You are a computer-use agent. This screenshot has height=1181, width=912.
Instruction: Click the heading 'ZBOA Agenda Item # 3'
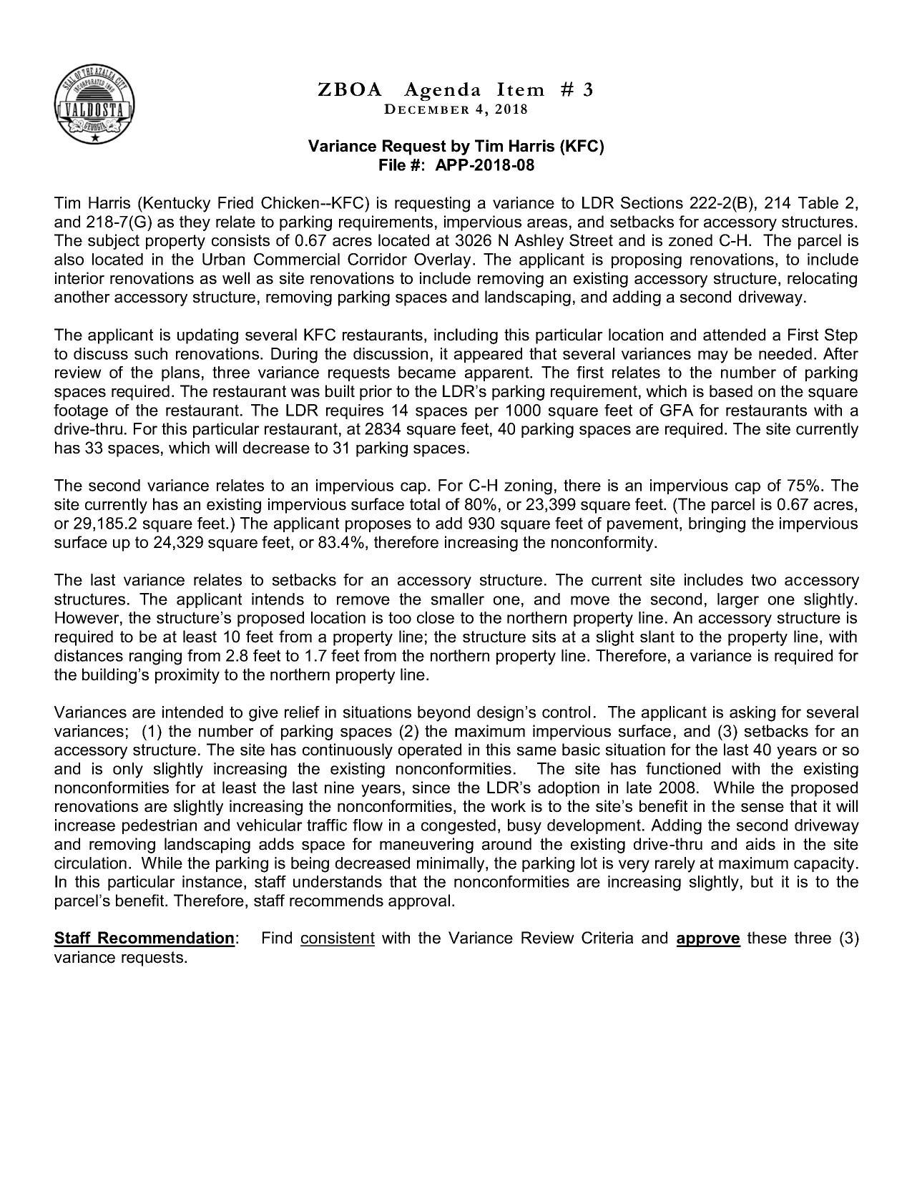point(456,89)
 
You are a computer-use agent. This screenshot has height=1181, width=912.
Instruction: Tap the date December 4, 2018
point(456,109)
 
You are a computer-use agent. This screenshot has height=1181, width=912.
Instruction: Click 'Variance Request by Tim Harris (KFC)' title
point(456,147)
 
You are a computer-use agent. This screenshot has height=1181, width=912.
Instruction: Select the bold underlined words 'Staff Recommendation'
point(144,938)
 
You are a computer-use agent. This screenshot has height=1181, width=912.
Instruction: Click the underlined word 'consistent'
point(338,938)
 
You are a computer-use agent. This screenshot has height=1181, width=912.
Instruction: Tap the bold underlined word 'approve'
point(707,938)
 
